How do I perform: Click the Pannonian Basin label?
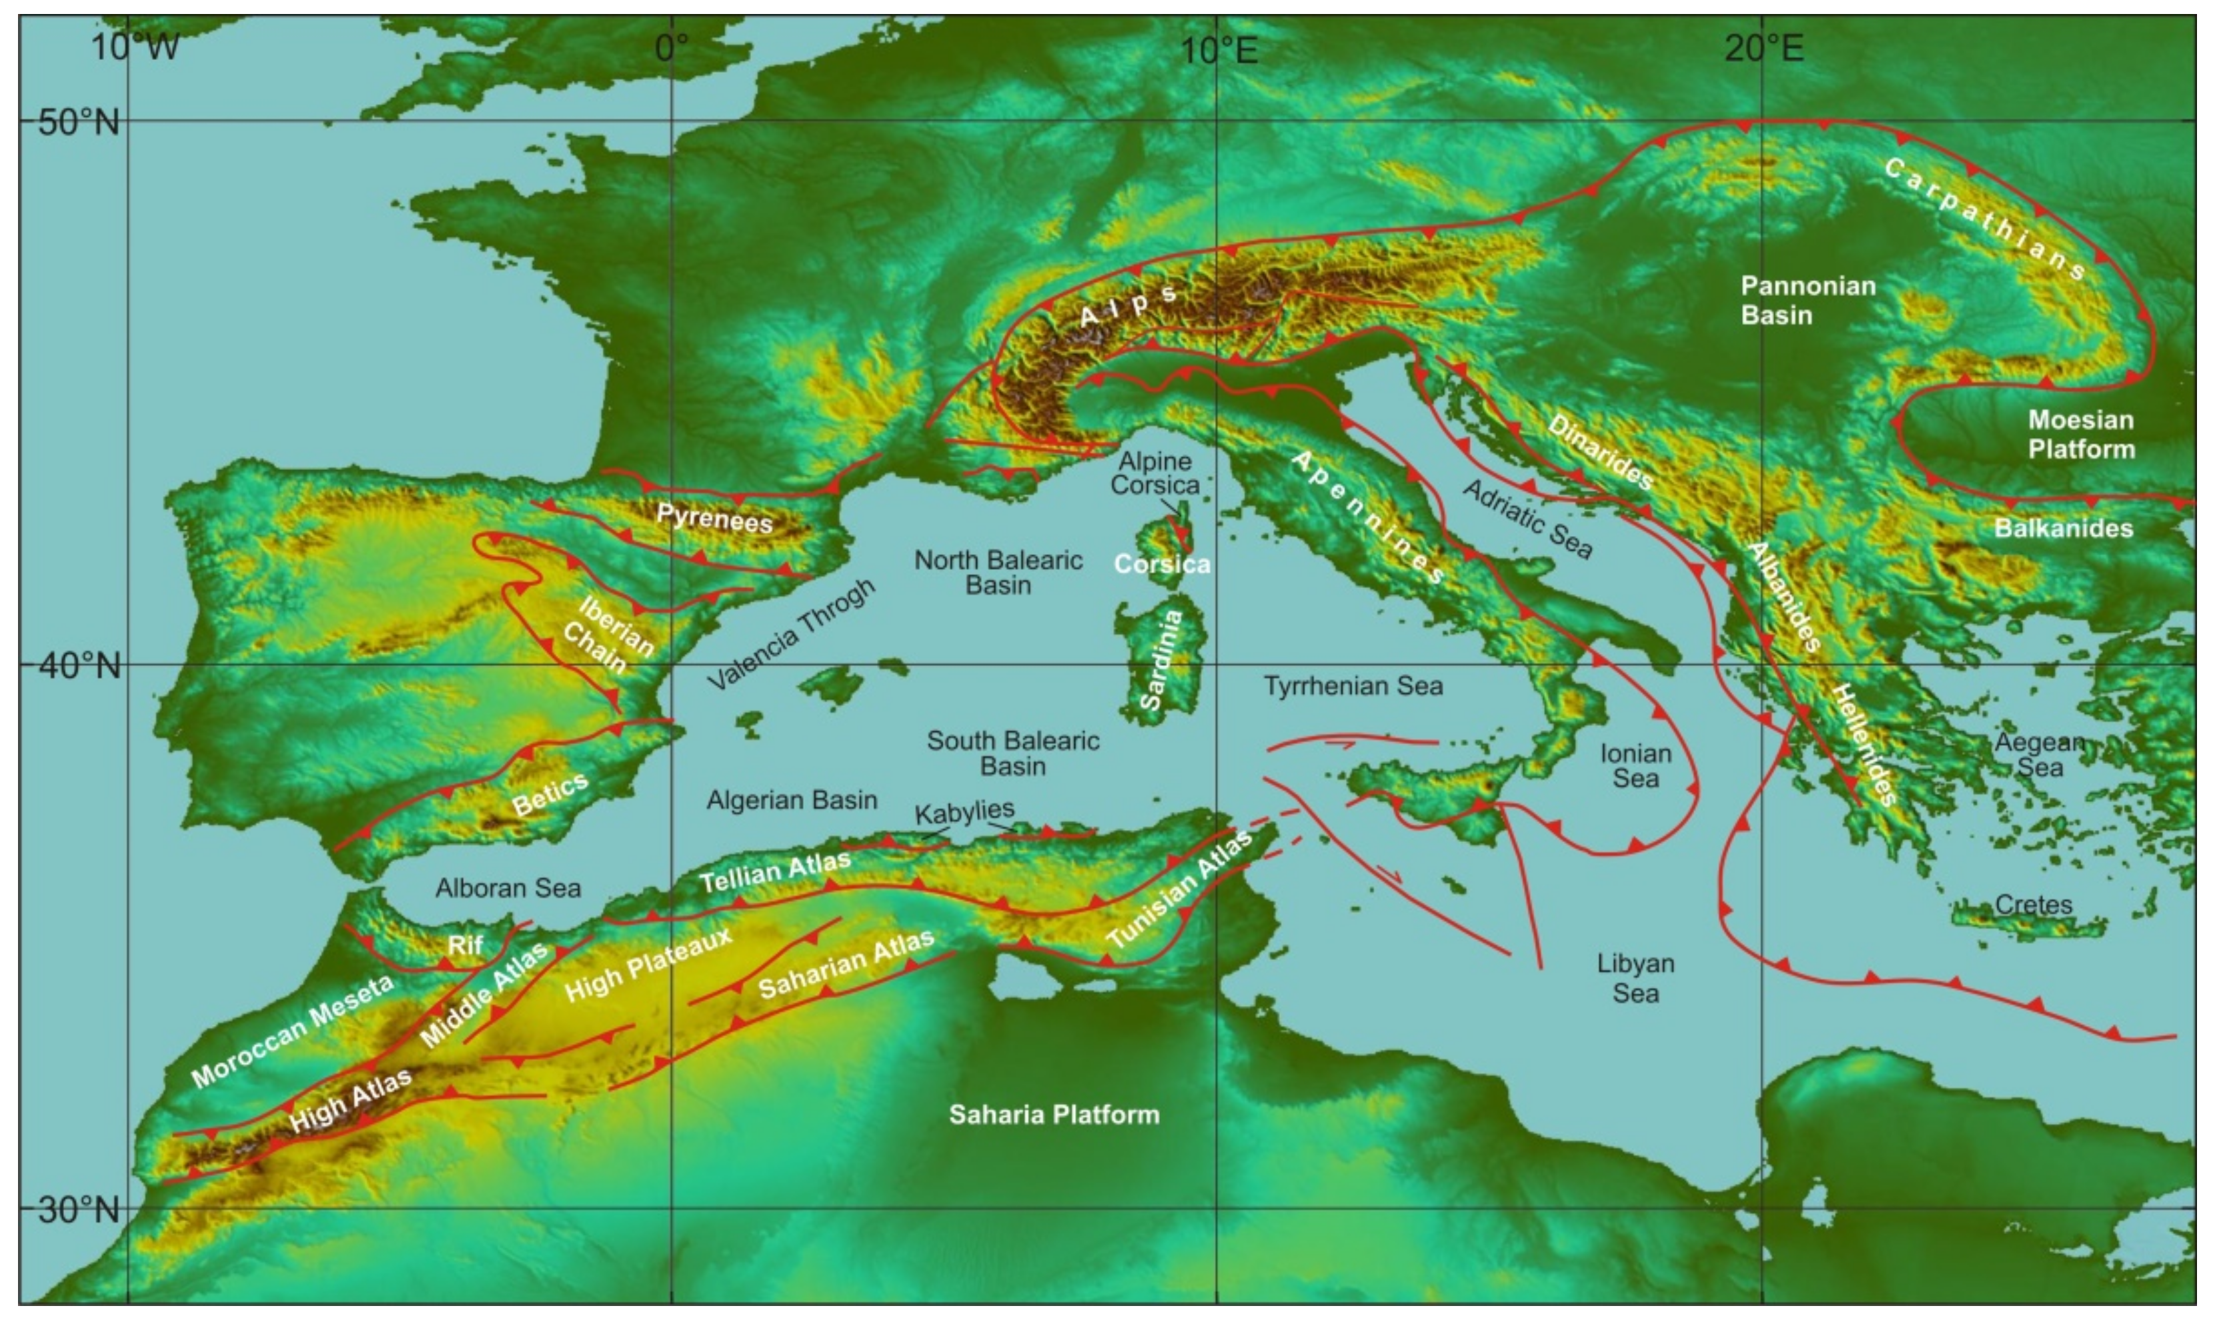(x=1808, y=300)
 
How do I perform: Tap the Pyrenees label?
(x=714, y=517)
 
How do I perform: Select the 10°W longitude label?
(x=135, y=46)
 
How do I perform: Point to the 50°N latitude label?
(x=79, y=121)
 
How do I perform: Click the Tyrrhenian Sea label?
(x=1353, y=686)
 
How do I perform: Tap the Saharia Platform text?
(x=1054, y=1115)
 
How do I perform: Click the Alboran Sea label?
(x=508, y=887)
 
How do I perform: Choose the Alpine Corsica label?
(x=1155, y=473)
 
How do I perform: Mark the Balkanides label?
(x=2063, y=528)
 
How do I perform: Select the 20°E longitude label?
(x=1763, y=46)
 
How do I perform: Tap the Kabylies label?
(x=964, y=811)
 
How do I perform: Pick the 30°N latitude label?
(x=79, y=1210)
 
